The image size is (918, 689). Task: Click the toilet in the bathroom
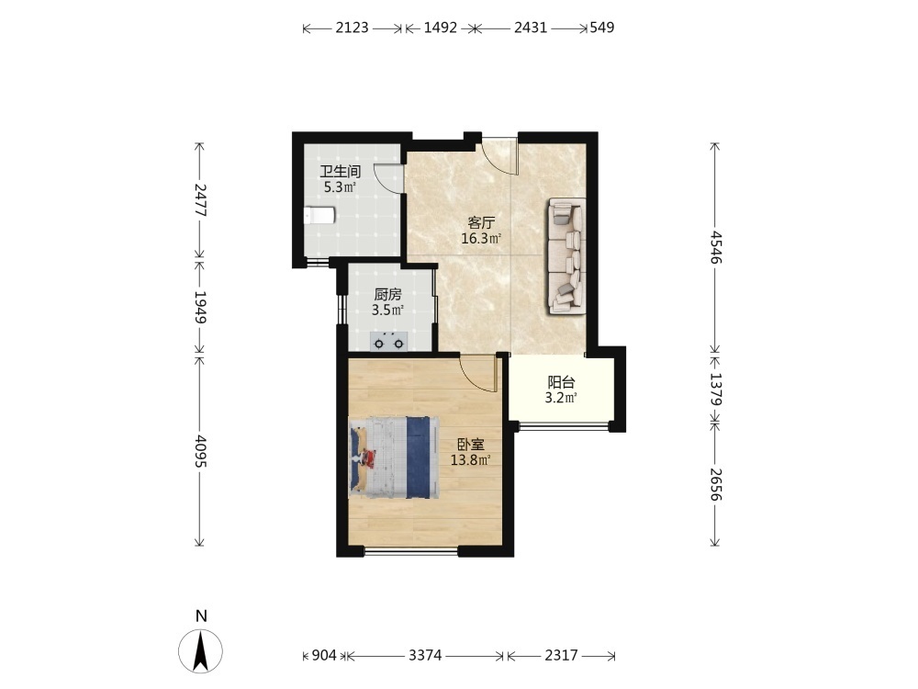click(319, 216)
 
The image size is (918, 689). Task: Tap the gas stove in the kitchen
click(388, 341)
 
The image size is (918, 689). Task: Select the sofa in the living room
click(566, 256)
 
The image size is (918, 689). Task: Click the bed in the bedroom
click(394, 457)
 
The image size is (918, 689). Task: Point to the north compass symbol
click(201, 651)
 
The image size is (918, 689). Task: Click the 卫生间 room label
click(340, 172)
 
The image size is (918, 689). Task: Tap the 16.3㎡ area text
click(481, 239)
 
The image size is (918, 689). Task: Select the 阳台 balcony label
click(561, 382)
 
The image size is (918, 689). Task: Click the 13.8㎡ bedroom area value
click(470, 460)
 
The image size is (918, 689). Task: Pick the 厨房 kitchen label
click(387, 295)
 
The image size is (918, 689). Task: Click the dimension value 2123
click(352, 28)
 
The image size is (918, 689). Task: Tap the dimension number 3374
click(425, 655)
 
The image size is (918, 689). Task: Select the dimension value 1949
click(200, 307)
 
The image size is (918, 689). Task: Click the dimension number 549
click(602, 28)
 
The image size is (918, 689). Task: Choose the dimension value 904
click(324, 655)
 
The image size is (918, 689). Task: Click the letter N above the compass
click(201, 616)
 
